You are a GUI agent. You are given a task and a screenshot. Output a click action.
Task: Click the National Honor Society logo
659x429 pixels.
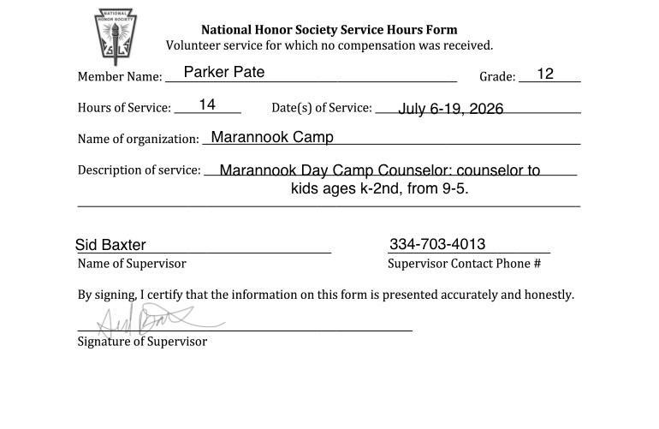click(116, 37)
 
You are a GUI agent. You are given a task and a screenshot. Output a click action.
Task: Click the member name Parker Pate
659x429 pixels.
click(224, 72)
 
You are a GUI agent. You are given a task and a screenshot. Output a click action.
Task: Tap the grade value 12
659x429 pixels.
click(545, 74)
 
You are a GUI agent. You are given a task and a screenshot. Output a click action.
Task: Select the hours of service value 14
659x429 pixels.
click(207, 104)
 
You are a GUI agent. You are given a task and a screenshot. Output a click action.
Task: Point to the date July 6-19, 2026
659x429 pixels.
click(451, 109)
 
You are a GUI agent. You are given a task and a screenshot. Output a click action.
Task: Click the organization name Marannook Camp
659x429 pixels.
click(272, 137)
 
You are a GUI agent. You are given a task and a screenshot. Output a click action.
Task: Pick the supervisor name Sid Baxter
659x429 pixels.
click(110, 245)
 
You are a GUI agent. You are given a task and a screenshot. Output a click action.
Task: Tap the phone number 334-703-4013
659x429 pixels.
click(437, 244)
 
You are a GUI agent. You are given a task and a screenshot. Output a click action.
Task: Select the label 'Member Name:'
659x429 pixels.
click(120, 77)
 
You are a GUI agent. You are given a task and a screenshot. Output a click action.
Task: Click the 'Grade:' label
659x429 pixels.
click(497, 77)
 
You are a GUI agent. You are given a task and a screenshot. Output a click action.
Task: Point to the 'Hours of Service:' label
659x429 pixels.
click(124, 108)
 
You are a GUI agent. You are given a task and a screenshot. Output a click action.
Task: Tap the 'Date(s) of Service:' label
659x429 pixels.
click(322, 108)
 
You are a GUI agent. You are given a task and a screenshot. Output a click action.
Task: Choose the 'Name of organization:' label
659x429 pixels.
click(138, 139)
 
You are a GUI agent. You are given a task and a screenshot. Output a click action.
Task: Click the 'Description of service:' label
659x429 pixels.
click(140, 170)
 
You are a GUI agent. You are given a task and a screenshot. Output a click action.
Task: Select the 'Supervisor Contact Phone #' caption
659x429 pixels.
click(464, 264)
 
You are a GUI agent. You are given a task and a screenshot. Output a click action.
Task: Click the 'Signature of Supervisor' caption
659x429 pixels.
click(142, 342)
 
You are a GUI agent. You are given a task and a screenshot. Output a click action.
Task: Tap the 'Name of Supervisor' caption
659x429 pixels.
click(132, 264)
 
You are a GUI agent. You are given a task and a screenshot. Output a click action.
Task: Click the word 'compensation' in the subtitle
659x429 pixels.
click(373, 45)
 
